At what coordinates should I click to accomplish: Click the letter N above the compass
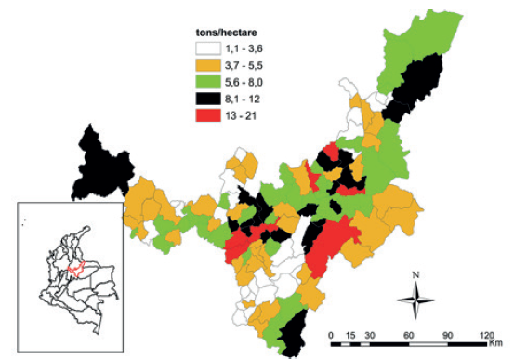[418, 275]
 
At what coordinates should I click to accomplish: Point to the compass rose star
[418, 300]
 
